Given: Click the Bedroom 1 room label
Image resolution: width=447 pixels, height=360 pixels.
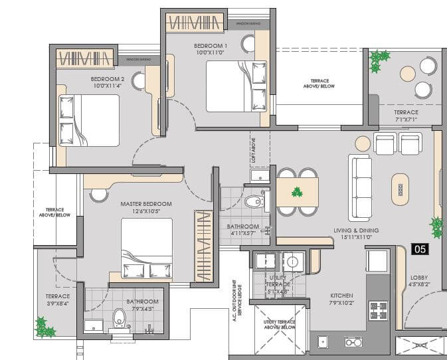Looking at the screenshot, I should (x=211, y=46).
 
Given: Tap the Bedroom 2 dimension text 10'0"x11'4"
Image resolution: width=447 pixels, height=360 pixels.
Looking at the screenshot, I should (x=107, y=86).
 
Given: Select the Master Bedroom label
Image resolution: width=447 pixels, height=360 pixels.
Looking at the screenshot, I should (x=146, y=204).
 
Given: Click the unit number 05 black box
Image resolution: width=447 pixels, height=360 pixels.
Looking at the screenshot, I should (x=420, y=249).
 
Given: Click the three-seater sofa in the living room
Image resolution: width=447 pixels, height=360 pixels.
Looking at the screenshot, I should (x=361, y=187).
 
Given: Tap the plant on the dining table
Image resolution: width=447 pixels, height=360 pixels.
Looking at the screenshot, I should (x=297, y=193).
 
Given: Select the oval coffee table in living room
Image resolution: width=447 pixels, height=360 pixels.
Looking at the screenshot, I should (x=401, y=189).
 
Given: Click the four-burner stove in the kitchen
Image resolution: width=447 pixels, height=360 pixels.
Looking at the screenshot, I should (x=378, y=310).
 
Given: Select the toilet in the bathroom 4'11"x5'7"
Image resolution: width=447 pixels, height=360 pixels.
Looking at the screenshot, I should (x=254, y=201).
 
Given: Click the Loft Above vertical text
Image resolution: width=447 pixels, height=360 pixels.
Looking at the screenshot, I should (x=253, y=150).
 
